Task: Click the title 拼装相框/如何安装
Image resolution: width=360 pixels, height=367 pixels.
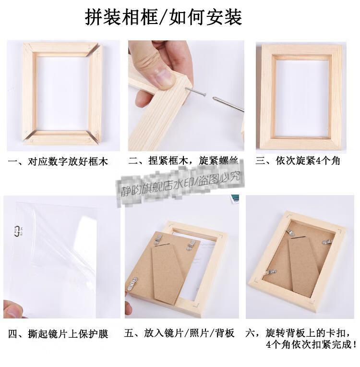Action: pyautogui.click(x=164, y=17)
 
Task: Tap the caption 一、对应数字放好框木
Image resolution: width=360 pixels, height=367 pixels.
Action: pyautogui.click(x=59, y=162)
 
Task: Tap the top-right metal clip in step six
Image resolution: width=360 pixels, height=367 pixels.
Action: pyautogui.click(x=328, y=243)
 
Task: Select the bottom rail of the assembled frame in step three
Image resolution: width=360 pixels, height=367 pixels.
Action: pyautogui.click(x=299, y=143)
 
